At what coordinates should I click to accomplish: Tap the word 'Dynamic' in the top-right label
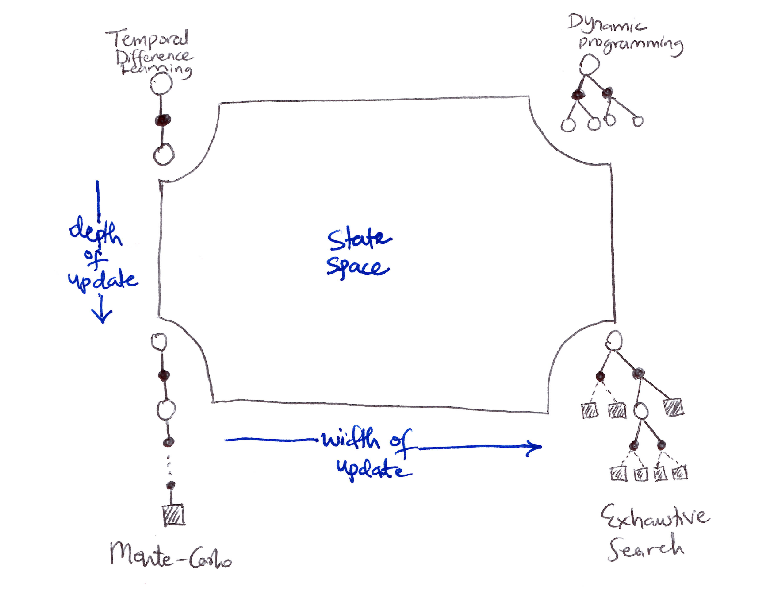[x=607, y=23]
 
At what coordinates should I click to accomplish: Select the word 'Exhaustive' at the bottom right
[x=655, y=517]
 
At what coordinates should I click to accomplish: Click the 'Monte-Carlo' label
[x=171, y=556]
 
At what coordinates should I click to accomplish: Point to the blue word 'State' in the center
[x=359, y=239]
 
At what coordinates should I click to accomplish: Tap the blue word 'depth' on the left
[x=96, y=230]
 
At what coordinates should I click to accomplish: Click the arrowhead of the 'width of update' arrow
[x=536, y=447]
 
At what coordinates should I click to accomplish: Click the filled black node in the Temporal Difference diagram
[x=163, y=120]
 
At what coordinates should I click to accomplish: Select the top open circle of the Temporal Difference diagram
[x=161, y=84]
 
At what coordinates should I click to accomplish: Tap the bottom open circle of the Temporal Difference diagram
[x=164, y=154]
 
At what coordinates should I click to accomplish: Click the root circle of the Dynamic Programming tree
[x=590, y=65]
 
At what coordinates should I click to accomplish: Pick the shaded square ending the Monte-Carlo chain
[x=174, y=515]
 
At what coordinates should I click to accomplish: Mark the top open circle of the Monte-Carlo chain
[x=159, y=342]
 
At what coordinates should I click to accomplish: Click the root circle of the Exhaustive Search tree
[x=614, y=341]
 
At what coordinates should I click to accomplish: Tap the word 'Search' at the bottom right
[x=646, y=548]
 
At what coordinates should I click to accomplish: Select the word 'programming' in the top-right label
[x=631, y=44]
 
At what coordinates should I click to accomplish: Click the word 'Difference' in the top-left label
[x=154, y=56]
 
